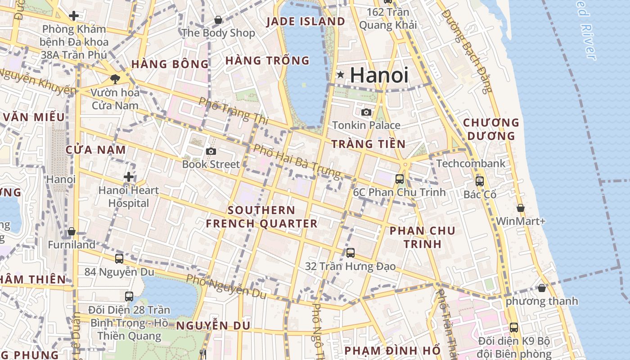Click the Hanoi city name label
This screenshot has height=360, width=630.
[x=379, y=75]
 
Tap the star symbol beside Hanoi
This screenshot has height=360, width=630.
[x=341, y=75]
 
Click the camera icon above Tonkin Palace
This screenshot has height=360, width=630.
[x=366, y=112]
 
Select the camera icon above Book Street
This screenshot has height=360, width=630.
[x=211, y=152]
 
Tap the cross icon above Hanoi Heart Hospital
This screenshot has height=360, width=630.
[x=129, y=177]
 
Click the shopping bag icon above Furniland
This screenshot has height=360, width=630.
[x=72, y=232]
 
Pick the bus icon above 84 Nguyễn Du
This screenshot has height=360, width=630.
[x=119, y=259]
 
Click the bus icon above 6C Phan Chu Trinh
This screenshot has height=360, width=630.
[x=400, y=179]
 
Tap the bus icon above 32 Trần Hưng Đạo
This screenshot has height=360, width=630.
[x=351, y=253]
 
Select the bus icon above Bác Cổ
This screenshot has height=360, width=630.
[x=480, y=181]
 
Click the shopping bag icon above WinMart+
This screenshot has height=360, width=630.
[x=521, y=208]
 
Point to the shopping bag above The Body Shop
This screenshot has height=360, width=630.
[x=218, y=20]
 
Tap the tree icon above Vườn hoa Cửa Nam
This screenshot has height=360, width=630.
[x=115, y=79]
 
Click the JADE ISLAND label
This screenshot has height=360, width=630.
[x=306, y=21]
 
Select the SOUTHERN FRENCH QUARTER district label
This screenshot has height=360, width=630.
[x=261, y=217]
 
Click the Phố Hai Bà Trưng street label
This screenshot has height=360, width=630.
[x=297, y=162]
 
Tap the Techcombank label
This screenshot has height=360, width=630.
[x=471, y=163]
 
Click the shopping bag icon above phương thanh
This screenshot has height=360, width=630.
[x=542, y=288]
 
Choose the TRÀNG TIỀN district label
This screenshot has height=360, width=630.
[x=369, y=144]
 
